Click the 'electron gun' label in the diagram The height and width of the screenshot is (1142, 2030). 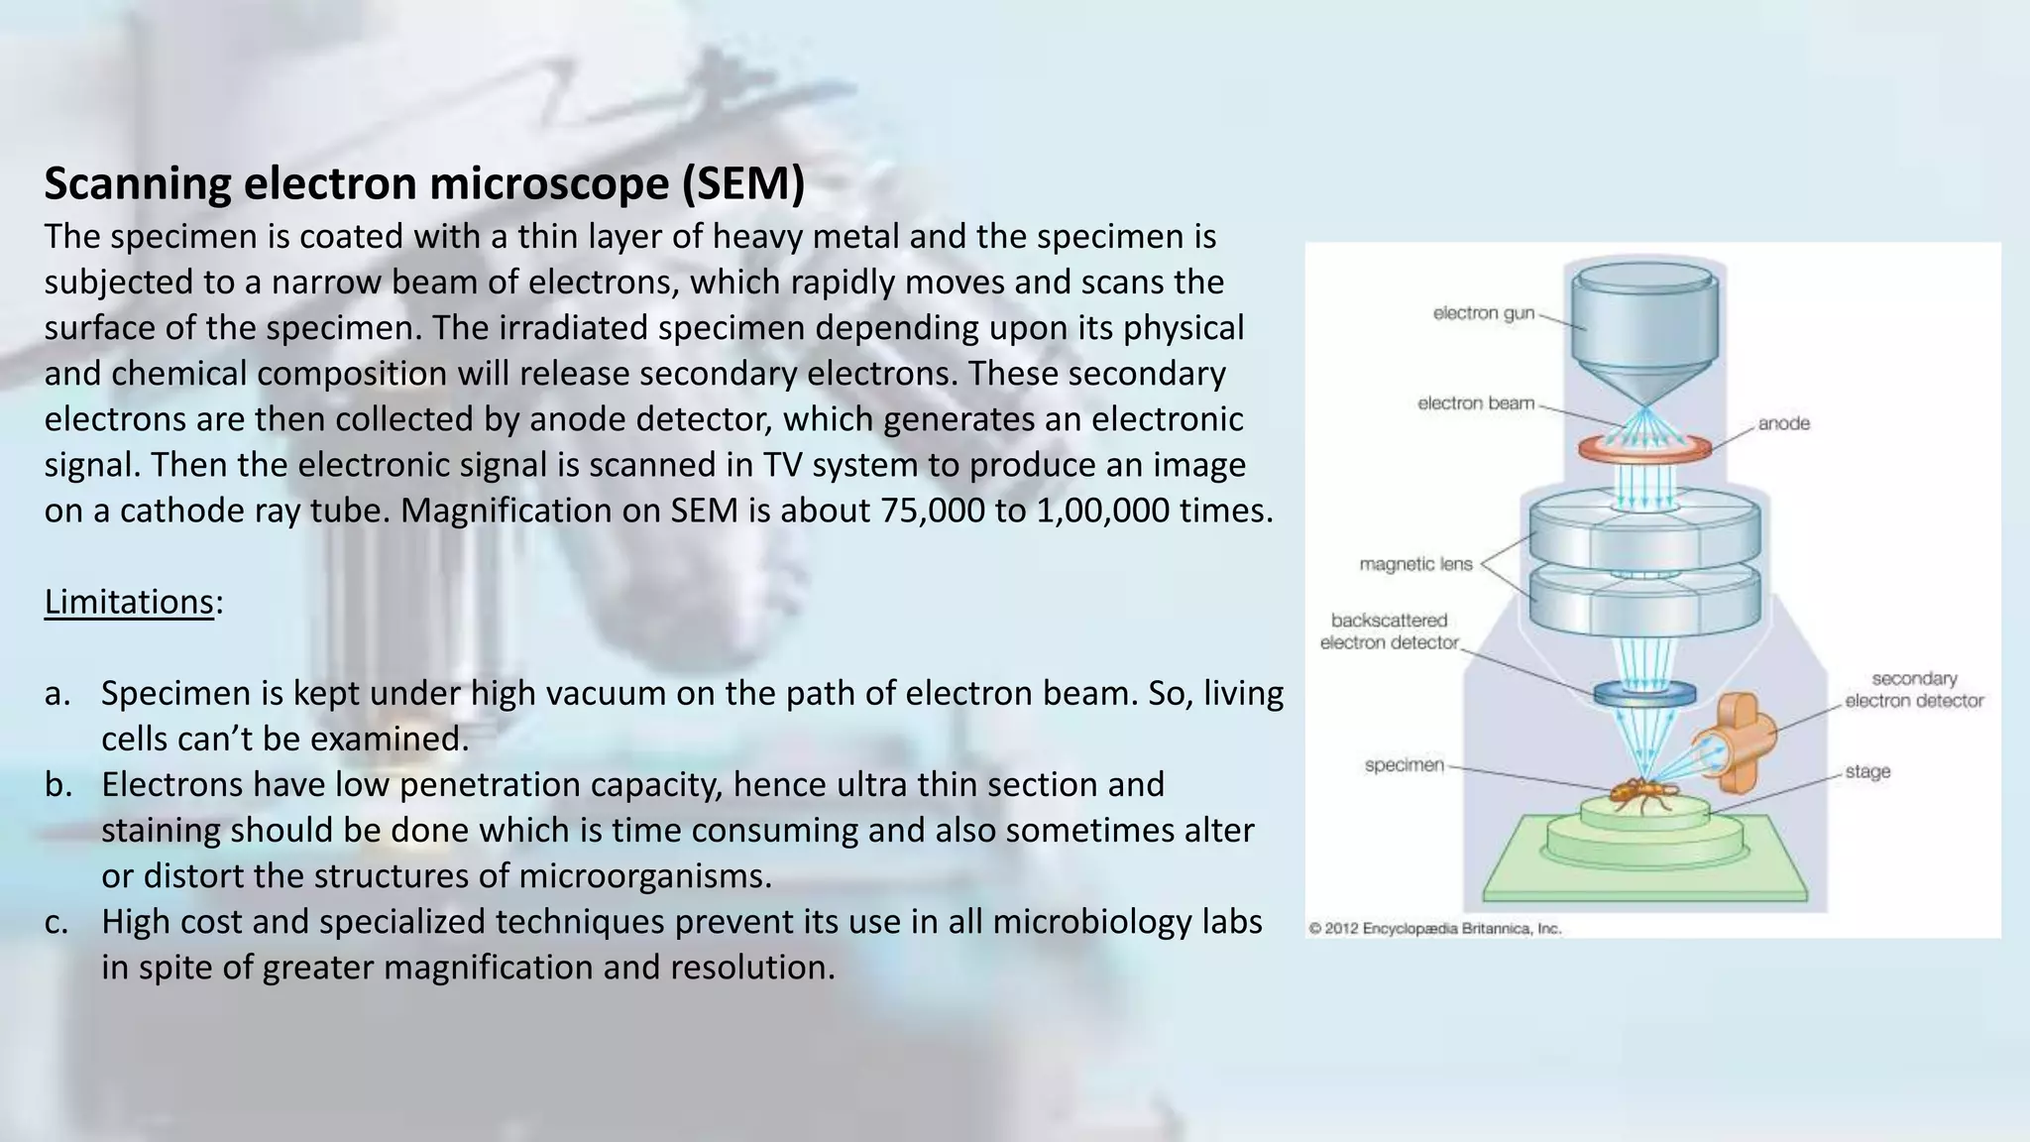tap(1483, 313)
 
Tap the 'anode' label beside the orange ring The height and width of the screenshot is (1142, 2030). tap(1783, 423)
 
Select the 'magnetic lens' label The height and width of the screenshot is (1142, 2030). tap(1415, 564)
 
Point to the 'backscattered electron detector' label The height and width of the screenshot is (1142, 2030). tap(1389, 631)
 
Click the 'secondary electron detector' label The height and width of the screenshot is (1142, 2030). tap(1914, 690)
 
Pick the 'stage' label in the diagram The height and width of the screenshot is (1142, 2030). tap(1867, 771)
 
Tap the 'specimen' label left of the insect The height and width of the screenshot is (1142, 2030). tap(1404, 765)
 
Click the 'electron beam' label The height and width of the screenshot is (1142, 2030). tap(1475, 403)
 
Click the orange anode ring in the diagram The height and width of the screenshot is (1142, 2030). tap(1644, 449)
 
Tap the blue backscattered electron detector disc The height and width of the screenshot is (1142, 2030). tap(1644, 695)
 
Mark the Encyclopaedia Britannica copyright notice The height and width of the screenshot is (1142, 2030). tap(1434, 929)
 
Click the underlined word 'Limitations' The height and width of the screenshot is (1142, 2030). tap(129, 602)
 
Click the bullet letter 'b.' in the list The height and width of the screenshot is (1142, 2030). tap(57, 785)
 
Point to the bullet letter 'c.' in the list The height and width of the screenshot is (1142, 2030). tap(56, 922)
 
